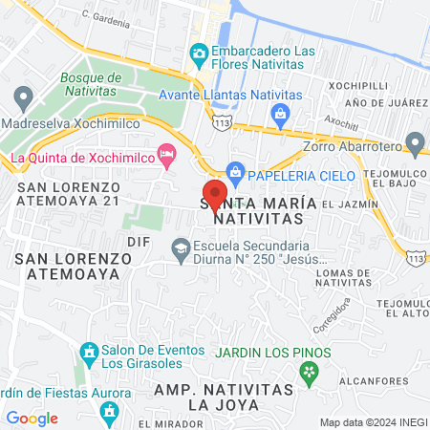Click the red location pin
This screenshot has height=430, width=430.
[x=215, y=194]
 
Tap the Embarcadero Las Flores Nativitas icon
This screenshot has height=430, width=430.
[x=199, y=52]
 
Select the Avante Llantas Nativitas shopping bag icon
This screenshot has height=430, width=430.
[x=280, y=116]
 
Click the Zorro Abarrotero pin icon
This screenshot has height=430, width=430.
[x=415, y=143]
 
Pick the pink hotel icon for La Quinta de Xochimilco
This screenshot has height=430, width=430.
[x=168, y=153]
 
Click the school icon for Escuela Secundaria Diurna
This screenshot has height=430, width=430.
[x=180, y=248]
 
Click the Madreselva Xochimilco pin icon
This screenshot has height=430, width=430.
[x=24, y=97]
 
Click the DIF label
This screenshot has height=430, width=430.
[x=139, y=243]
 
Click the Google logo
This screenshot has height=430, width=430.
[x=32, y=418]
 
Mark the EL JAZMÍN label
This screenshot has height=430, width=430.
[x=350, y=204]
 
